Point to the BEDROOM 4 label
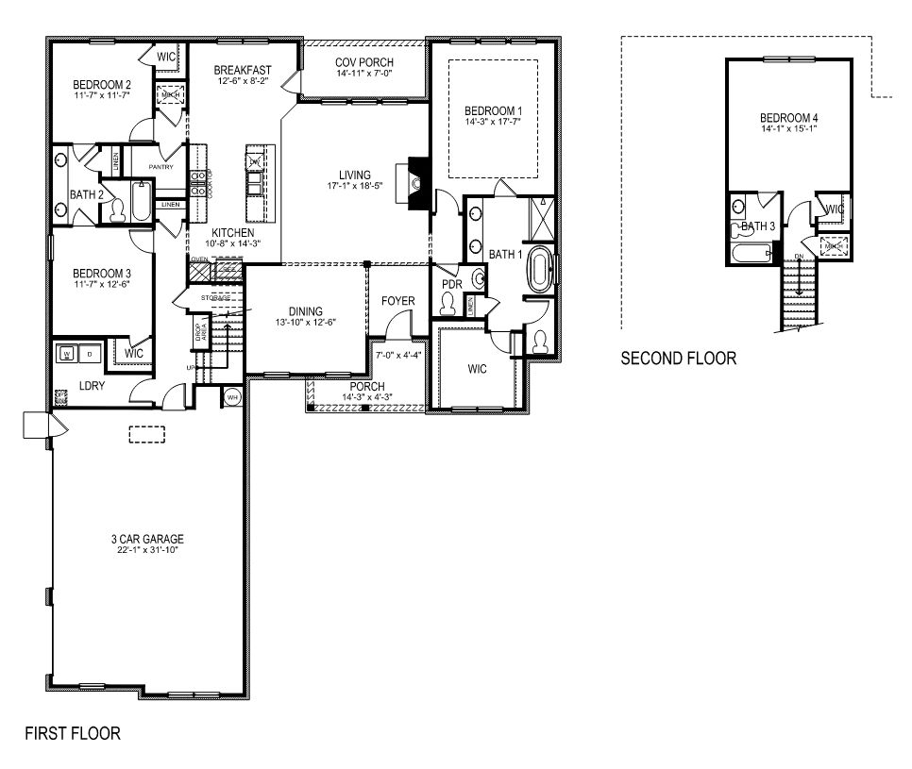pos(787,118)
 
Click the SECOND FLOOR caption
pos(678,359)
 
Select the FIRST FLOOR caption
pos(73,733)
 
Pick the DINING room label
pos(306,311)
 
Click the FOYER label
pos(397,302)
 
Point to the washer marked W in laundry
pos(67,354)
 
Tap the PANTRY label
pos(160,167)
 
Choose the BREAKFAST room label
pos(243,70)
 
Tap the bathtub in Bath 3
pos(752,253)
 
